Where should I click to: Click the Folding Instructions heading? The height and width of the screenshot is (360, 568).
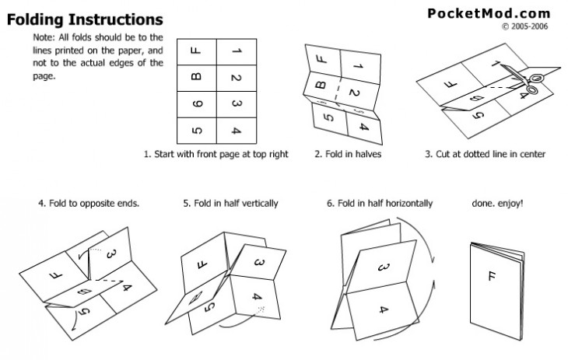point(85,19)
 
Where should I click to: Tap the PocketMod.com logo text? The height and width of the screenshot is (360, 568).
point(489,12)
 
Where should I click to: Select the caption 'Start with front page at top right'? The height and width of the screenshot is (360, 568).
point(216,154)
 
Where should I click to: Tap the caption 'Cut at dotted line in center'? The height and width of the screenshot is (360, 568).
point(485,154)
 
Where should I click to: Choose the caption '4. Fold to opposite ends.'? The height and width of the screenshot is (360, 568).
point(89,204)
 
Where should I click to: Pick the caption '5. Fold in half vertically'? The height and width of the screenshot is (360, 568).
point(230,204)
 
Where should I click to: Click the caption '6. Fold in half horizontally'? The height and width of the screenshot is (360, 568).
point(380,204)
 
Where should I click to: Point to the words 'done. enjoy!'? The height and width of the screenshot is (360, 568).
point(497,204)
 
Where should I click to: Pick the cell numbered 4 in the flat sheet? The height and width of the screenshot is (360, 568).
point(236,129)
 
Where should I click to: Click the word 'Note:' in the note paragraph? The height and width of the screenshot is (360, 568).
point(44,37)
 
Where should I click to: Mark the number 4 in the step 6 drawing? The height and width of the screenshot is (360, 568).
point(382,310)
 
